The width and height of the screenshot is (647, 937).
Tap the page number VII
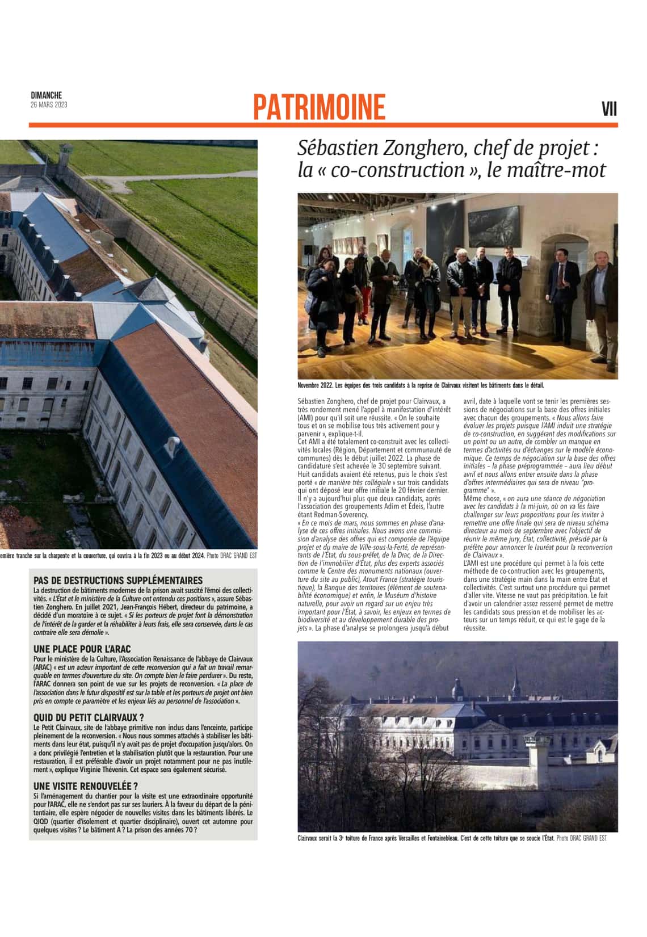609,109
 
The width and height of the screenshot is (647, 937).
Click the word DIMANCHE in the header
46,95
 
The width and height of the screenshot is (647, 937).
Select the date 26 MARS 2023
49,104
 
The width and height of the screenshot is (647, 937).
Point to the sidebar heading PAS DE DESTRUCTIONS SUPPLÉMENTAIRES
118,580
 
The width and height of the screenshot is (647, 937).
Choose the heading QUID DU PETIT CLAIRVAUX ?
89,717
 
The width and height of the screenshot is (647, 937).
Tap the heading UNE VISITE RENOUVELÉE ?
86,786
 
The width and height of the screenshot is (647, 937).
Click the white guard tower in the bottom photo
536,754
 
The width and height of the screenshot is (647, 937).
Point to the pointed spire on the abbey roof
516,675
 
